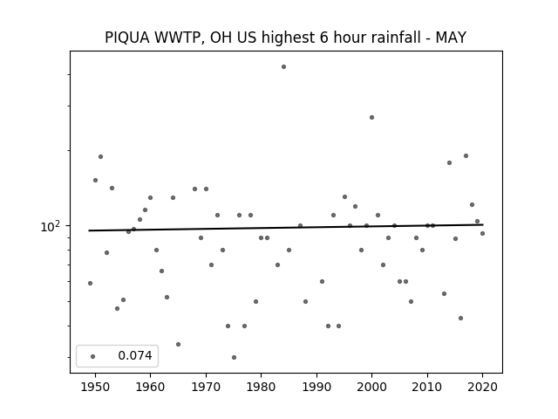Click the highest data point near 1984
click(283, 66)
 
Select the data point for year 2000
click(372, 117)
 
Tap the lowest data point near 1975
click(234, 357)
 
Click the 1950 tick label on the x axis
click(95, 387)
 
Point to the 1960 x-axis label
click(150, 387)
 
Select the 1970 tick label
click(206, 387)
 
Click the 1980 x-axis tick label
click(261, 387)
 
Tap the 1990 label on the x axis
click(316, 387)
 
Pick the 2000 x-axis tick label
click(372, 387)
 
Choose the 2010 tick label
click(427, 387)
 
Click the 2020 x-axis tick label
click(482, 387)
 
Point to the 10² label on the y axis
click(51, 226)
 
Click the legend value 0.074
click(135, 355)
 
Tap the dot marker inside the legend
click(93, 356)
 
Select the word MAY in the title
click(451, 38)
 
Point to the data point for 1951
click(101, 157)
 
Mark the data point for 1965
click(178, 344)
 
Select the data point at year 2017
click(466, 155)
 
